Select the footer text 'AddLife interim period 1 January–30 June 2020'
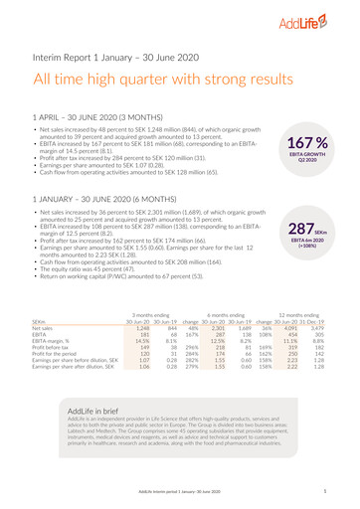point(179,492)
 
